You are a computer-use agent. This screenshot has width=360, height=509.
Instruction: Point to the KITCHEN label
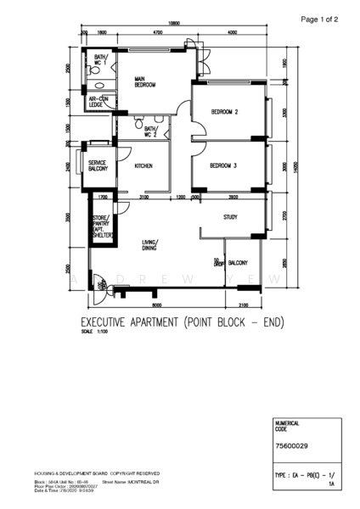pyautogui.click(x=144, y=165)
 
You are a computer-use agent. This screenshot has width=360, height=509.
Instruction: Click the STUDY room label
pyautogui.click(x=230, y=217)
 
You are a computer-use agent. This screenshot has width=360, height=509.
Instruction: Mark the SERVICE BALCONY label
pyautogui.click(x=98, y=165)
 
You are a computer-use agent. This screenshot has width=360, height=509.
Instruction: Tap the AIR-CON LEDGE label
pyautogui.click(x=99, y=102)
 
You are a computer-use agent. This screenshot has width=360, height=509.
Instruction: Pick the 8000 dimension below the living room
pyautogui.click(x=157, y=305)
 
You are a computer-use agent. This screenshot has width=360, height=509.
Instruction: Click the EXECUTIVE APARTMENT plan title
pyautogui.click(x=181, y=322)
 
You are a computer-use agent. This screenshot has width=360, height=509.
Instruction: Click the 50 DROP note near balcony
pyautogui.click(x=218, y=263)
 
